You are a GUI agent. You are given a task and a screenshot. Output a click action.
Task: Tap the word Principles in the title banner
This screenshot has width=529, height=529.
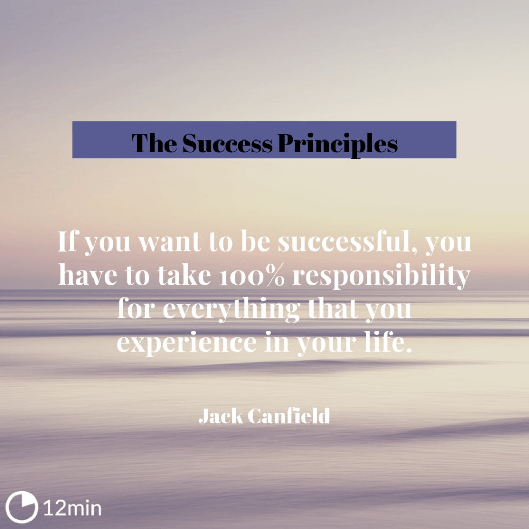tap(338, 143)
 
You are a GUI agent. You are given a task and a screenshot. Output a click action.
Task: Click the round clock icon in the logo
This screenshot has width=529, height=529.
tap(22, 507)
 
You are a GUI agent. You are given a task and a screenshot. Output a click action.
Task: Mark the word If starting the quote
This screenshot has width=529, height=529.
tap(68, 242)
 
